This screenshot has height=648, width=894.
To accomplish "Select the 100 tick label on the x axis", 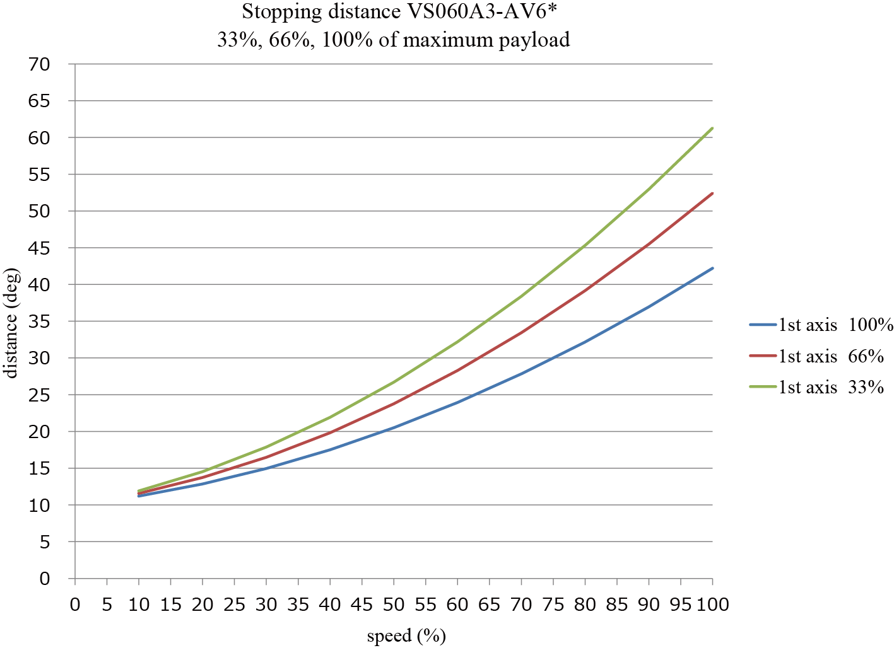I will [x=713, y=605].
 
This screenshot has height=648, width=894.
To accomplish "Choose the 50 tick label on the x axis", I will [x=394, y=605].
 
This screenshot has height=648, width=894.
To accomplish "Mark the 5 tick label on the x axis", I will [x=107, y=605].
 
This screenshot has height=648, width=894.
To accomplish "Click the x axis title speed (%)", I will [x=406, y=636].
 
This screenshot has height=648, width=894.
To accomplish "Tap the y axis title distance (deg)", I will [x=11, y=323].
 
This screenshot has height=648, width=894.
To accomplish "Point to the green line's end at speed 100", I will [x=712, y=129].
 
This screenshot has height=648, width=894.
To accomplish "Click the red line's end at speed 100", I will [x=712, y=194].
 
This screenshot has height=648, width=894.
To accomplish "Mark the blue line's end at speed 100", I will [x=712, y=269].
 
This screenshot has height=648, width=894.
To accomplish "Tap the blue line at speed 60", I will [x=457, y=402].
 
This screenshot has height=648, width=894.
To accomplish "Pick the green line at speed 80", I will [x=585, y=246].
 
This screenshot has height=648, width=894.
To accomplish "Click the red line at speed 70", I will [x=521, y=332].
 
